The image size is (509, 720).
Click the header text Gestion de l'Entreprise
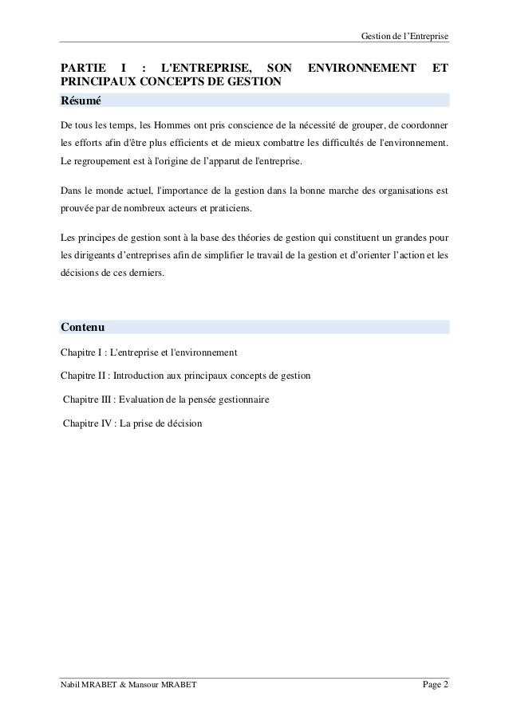[x=405, y=15]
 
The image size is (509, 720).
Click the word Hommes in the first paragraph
[x=180, y=126]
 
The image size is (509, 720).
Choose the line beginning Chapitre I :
[x=148, y=352]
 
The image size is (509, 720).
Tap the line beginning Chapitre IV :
[x=132, y=423]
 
